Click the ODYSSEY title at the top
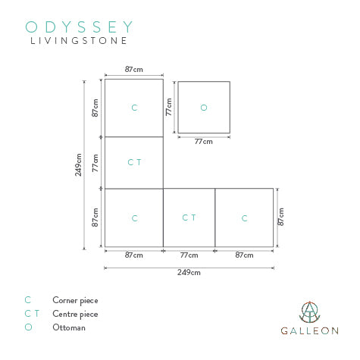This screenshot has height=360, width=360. pos(80,27)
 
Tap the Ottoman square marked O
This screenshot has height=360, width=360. pos(203,108)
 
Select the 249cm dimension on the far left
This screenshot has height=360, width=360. pos(79,164)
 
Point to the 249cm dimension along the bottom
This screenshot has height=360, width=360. pos(189,272)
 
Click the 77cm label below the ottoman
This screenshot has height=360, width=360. pos(203,141)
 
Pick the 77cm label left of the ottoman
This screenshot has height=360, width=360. pos(169,107)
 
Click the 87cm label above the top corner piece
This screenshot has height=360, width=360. pos(133,69)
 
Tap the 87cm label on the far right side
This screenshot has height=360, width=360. pos(281,218)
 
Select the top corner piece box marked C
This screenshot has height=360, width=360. pos(134,108)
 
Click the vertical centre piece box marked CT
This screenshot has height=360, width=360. pos(134,162)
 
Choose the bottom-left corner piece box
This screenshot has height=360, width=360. pos(134,218)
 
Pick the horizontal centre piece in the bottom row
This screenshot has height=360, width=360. pos(189,218)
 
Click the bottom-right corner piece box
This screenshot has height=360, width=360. pos(244,218)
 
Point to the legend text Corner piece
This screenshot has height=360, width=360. pos(75,301)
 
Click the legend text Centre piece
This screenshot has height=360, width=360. pos(75,314)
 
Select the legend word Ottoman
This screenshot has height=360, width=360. pos(69,327)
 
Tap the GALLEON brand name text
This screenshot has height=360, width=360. pos(309,331)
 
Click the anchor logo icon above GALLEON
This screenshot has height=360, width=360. pos(309,312)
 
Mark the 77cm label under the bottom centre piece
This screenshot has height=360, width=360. pos(189,255)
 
